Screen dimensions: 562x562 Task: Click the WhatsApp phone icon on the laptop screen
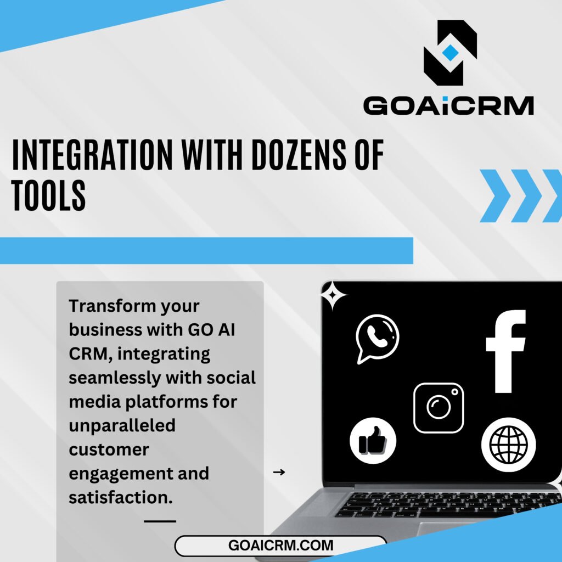(x=377, y=338)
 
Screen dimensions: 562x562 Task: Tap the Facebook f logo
(x=505, y=351)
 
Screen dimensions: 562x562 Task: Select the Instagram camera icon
(x=439, y=408)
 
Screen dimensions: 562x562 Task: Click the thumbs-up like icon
(x=373, y=441)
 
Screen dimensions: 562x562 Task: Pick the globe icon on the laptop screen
(x=508, y=445)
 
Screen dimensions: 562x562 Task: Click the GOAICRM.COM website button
(x=280, y=546)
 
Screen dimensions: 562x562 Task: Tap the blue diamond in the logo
(x=450, y=53)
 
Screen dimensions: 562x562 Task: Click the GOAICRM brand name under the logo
(x=448, y=106)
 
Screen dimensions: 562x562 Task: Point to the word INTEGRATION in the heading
(x=92, y=155)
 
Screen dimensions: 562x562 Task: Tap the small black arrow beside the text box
(x=279, y=472)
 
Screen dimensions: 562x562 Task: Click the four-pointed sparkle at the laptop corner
(x=333, y=295)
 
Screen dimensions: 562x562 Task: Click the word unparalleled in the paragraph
(x=122, y=426)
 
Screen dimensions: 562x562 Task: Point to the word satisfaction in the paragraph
(x=120, y=497)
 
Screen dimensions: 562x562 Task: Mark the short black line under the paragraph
(x=160, y=521)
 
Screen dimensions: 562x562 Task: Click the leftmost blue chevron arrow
(x=495, y=196)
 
